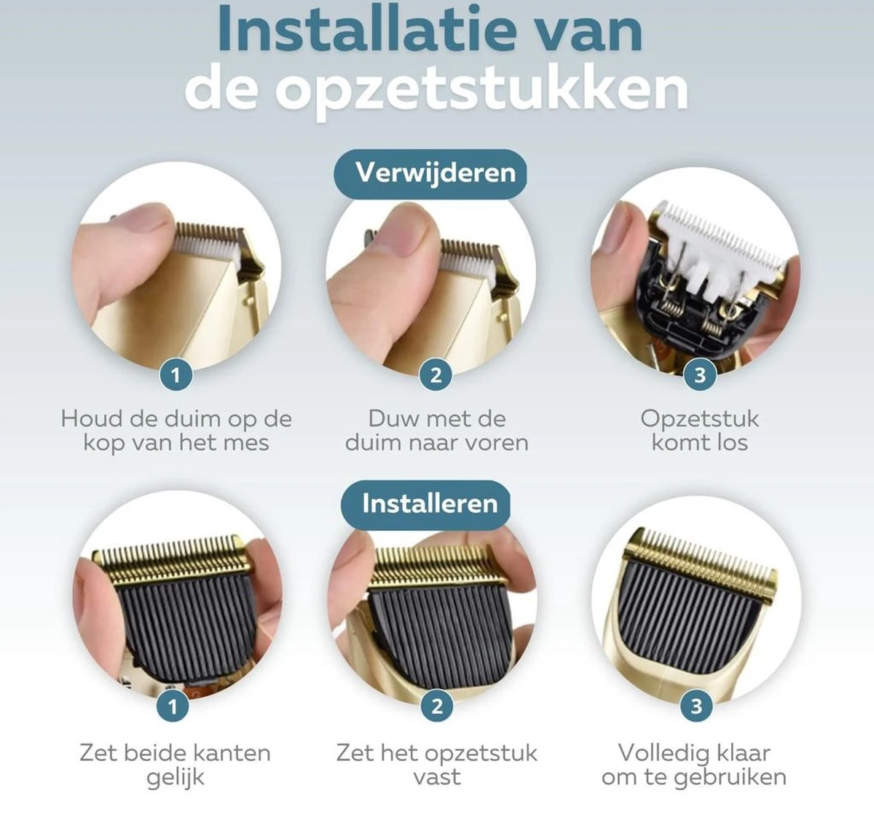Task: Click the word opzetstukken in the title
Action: [481, 90]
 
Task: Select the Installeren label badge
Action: [430, 503]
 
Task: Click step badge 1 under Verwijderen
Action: [176, 375]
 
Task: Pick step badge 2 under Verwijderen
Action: [436, 375]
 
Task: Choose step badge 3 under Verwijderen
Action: [700, 375]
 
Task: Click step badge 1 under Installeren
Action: [173, 706]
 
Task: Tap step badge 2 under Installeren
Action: [437, 706]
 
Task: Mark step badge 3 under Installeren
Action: [696, 706]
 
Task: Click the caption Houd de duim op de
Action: [176, 419]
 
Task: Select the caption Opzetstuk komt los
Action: [700, 430]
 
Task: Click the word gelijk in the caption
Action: [176, 778]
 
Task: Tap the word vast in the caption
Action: [437, 776]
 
